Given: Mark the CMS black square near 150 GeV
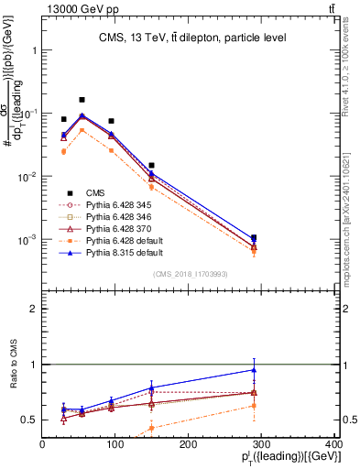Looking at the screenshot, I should coord(151,165).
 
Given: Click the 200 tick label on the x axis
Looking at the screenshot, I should coord(188,445).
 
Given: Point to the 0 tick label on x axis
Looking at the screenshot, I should coord(42,445).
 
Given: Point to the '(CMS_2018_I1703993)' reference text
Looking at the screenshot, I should coord(188,274).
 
